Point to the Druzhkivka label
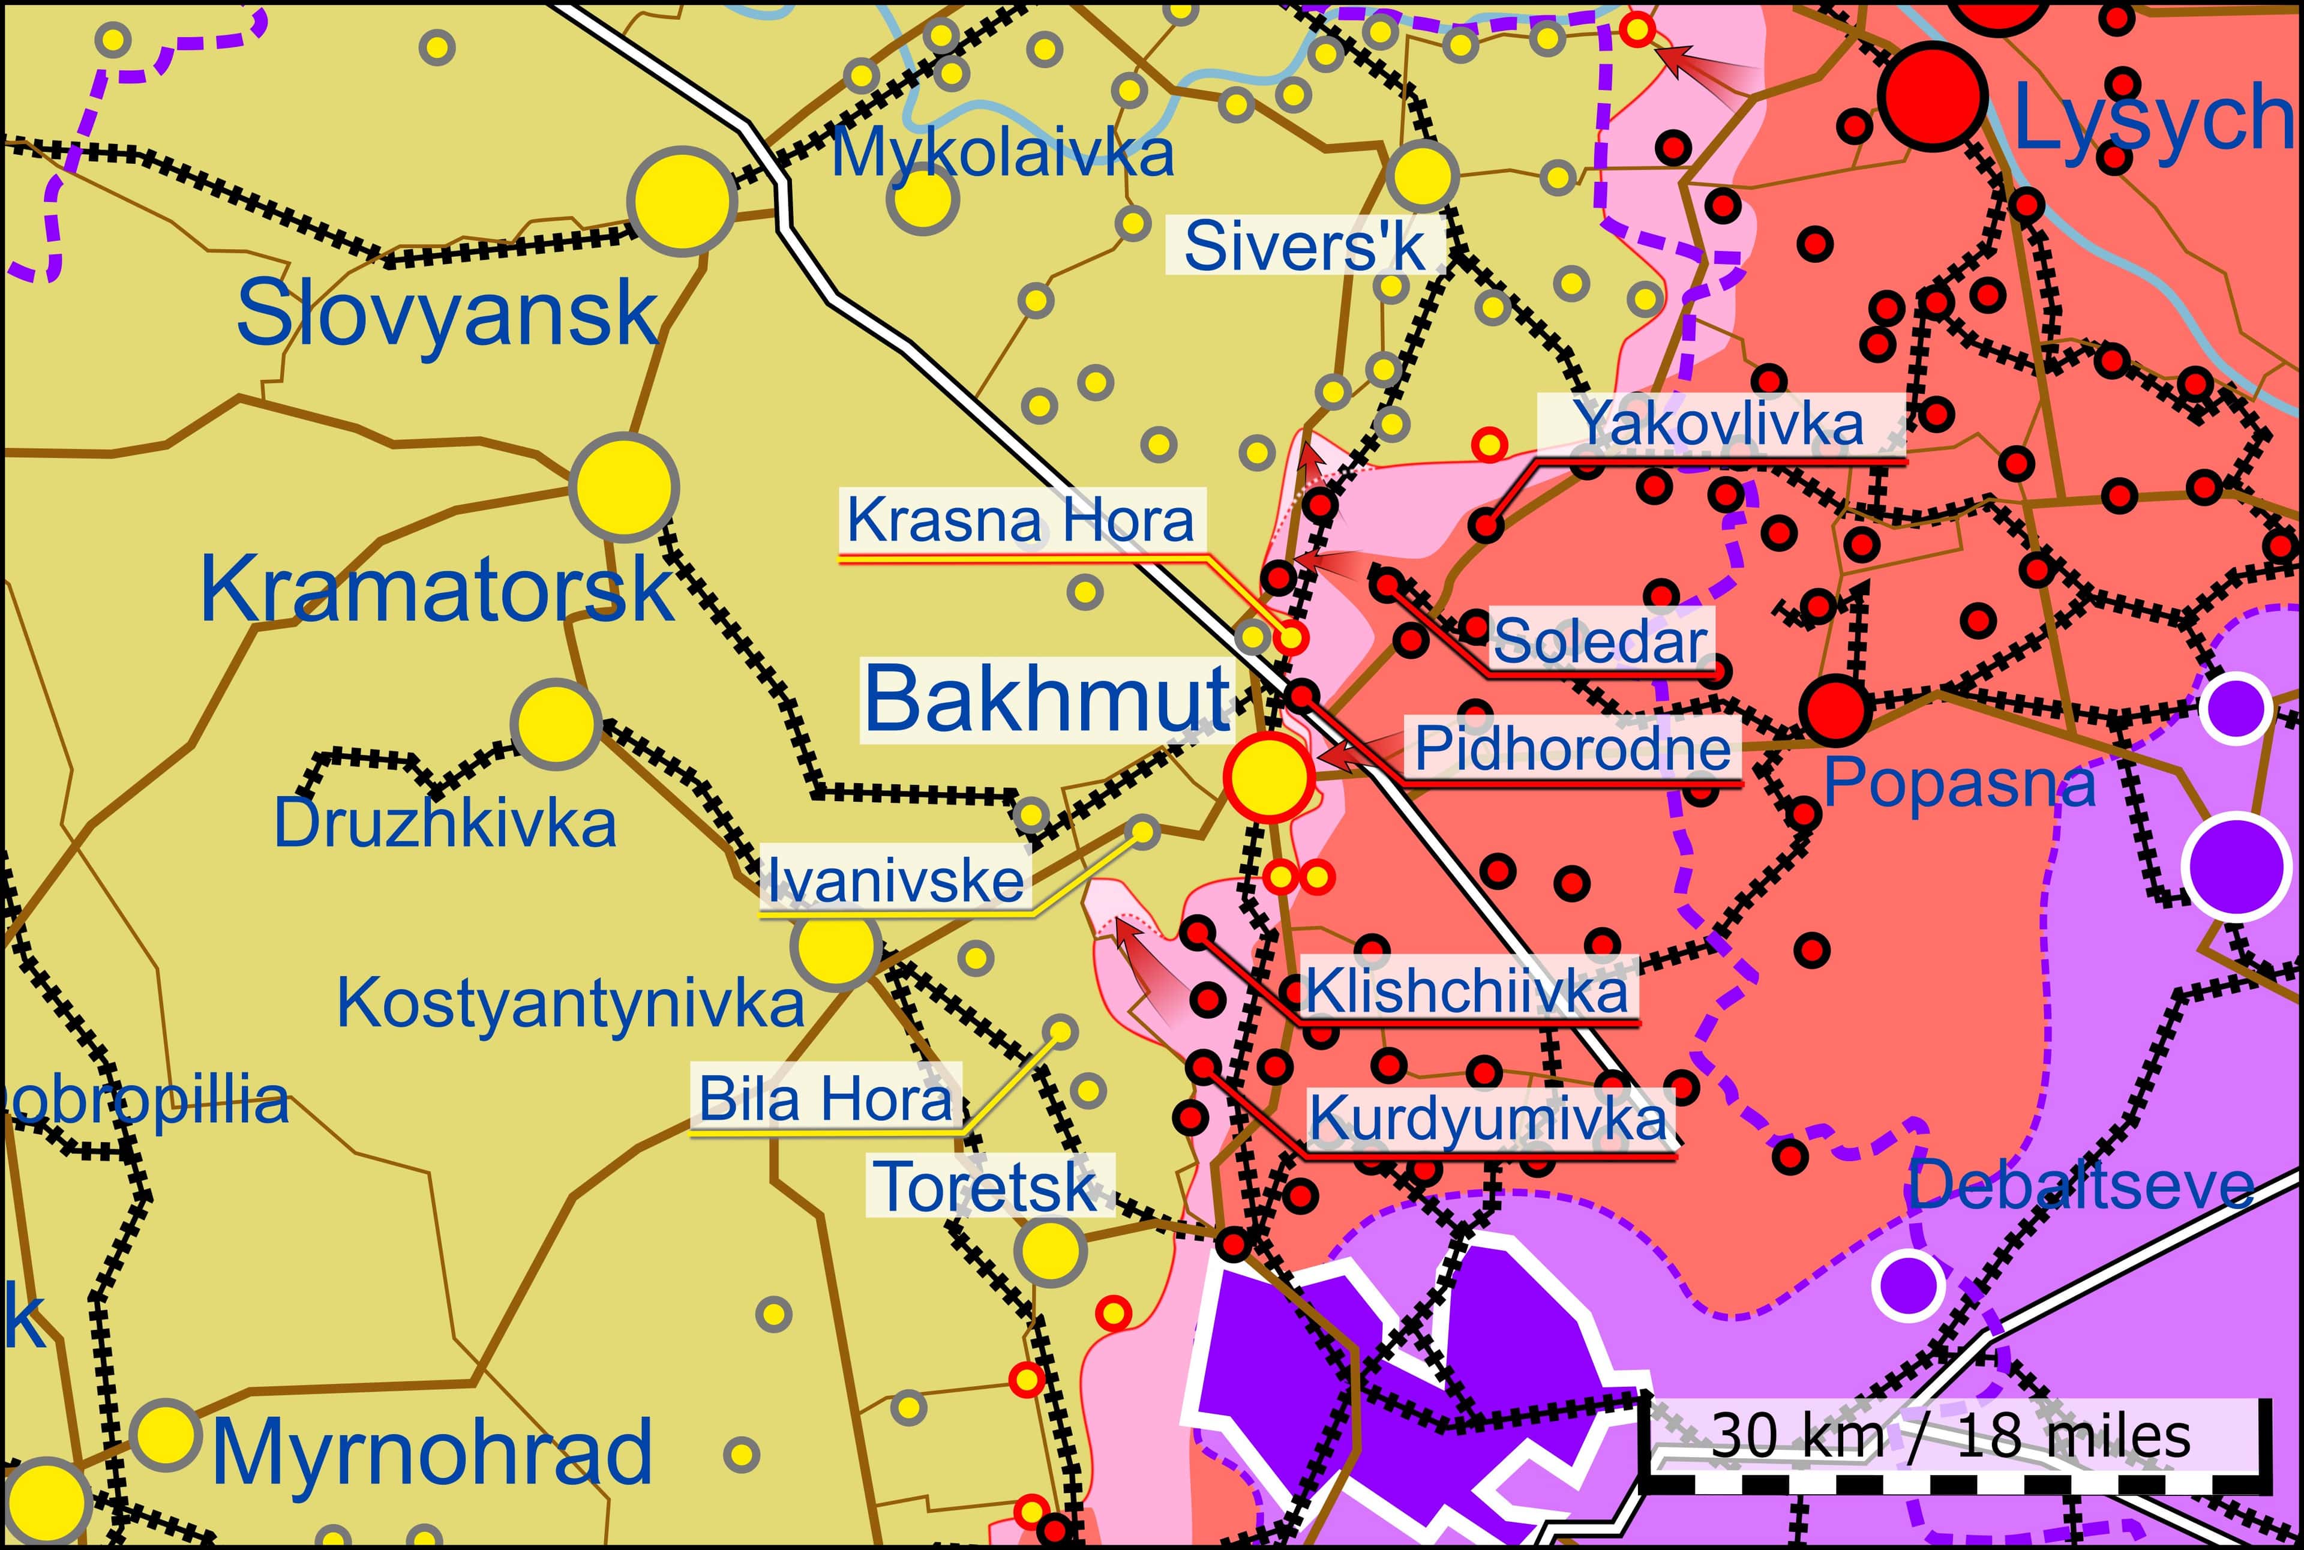pos(444,823)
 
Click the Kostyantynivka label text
pos(571,1003)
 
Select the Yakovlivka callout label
pos(1720,424)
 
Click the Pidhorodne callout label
pos(1571,748)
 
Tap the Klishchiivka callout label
pos(1467,991)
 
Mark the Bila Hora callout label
pos(826,1098)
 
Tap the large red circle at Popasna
pos(1835,710)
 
